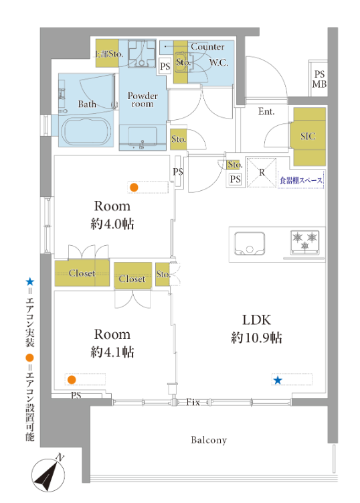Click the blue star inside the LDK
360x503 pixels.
coord(278,380)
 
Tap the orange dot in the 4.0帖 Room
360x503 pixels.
coord(134,188)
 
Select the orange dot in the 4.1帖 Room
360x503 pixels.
coord(72,380)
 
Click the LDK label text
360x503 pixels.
coord(256,320)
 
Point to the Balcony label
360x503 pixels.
coord(209,440)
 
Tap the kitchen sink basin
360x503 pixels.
coord(250,243)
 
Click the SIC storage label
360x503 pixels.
coord(308,137)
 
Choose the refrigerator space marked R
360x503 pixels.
coord(262,172)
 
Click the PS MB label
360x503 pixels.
coord(319,79)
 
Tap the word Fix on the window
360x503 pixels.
coord(193,402)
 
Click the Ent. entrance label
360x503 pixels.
coord(266,112)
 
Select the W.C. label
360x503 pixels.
coord(219,62)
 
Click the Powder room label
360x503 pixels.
coord(143,99)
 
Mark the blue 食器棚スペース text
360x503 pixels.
coord(300,180)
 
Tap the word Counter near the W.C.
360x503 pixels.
coord(207,47)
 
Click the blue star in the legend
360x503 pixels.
coord(30,282)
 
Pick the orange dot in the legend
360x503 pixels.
coord(29,358)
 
